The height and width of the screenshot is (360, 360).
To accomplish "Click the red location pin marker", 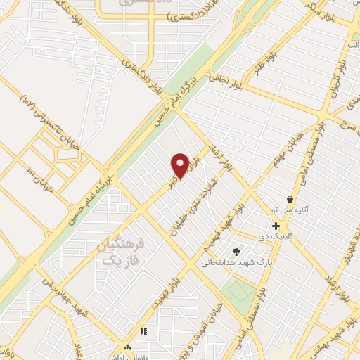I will point(180,166).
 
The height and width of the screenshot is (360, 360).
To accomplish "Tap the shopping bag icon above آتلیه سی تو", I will point(290,200).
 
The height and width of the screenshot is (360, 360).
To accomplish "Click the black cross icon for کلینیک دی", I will point(276,226).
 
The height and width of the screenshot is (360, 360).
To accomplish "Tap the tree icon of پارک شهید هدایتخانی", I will point(236,252).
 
